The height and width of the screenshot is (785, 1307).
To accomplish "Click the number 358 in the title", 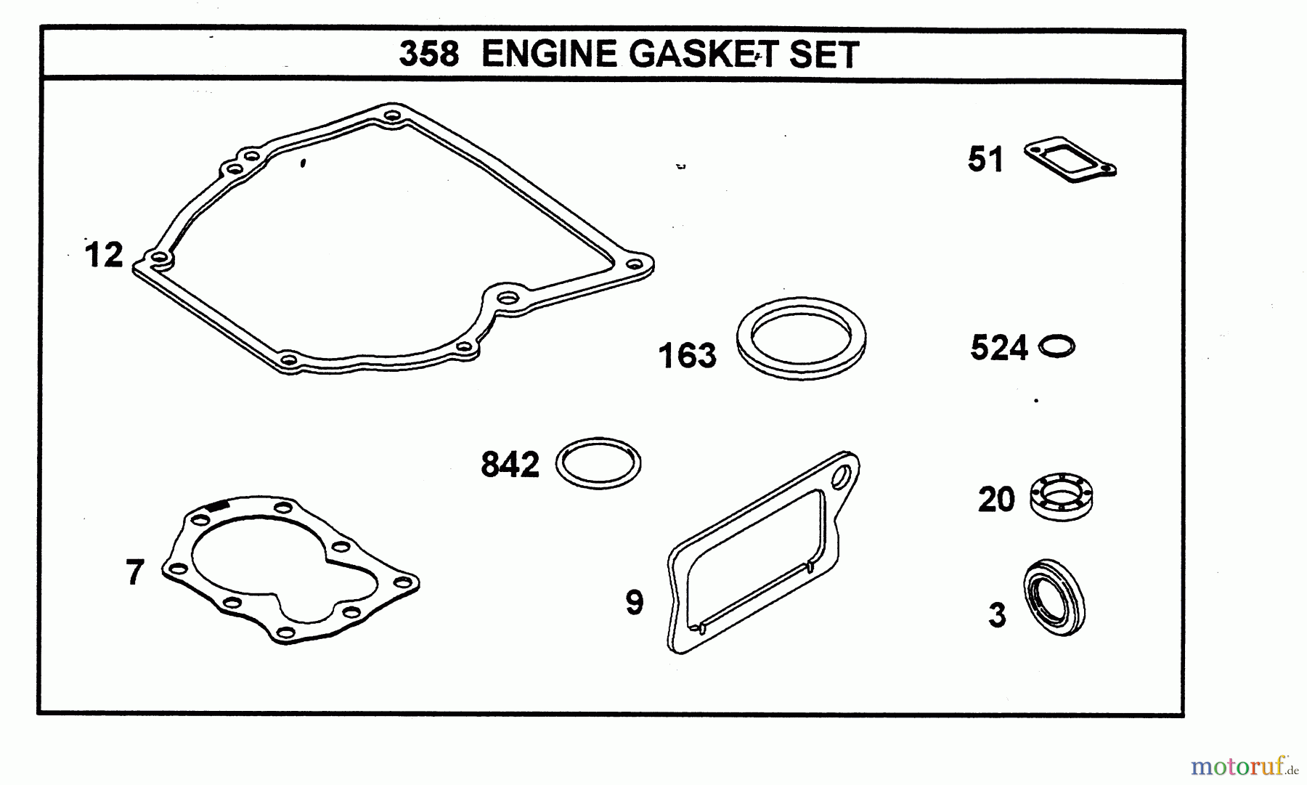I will (428, 54).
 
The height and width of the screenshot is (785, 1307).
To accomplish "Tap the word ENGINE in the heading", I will (548, 54).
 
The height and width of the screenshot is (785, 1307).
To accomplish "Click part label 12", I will (104, 256).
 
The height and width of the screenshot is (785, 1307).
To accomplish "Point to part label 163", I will (687, 356).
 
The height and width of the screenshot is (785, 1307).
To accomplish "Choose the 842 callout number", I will (510, 465).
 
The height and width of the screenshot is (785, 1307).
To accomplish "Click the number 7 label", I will (135, 573).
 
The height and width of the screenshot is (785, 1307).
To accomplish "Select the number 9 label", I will (635, 603).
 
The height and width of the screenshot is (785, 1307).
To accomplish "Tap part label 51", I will (985, 159).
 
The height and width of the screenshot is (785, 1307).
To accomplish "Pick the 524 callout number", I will (998, 348).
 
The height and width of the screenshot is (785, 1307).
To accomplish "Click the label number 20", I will (995, 500).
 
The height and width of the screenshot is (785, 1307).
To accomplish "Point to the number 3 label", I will (998, 616).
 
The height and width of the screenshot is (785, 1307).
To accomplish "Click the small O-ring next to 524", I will (1056, 346).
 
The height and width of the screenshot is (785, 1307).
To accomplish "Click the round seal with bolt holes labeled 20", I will (1062, 497).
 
